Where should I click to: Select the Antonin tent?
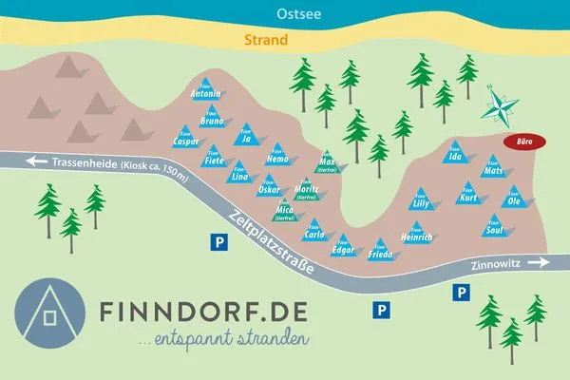coord(206,90)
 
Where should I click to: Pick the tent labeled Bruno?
coord(212,118)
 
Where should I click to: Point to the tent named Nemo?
coord(276,156)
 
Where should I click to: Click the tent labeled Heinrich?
coord(417,232)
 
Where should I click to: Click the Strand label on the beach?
coord(266,41)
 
